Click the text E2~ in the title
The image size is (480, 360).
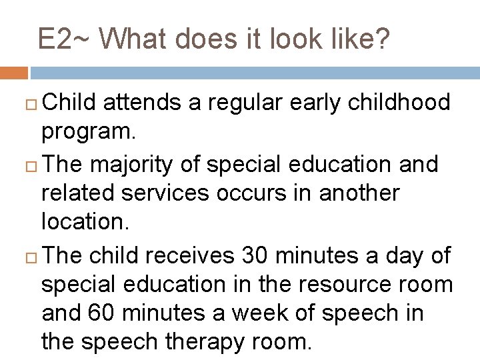(65, 39)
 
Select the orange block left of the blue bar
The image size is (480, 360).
(13, 73)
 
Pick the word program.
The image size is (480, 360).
(89, 132)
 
